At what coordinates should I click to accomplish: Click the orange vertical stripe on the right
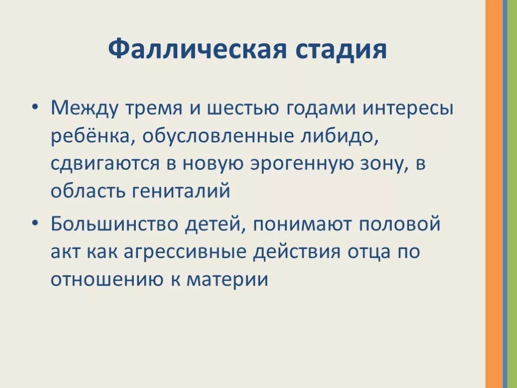coord(494,194)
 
